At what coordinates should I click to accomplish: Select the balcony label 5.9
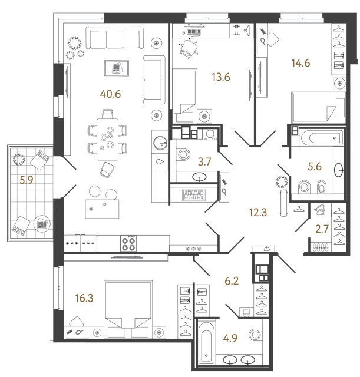tap(26, 181)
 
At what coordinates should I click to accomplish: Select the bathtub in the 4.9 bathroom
tap(206, 343)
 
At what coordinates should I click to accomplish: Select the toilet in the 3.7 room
tap(180, 155)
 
